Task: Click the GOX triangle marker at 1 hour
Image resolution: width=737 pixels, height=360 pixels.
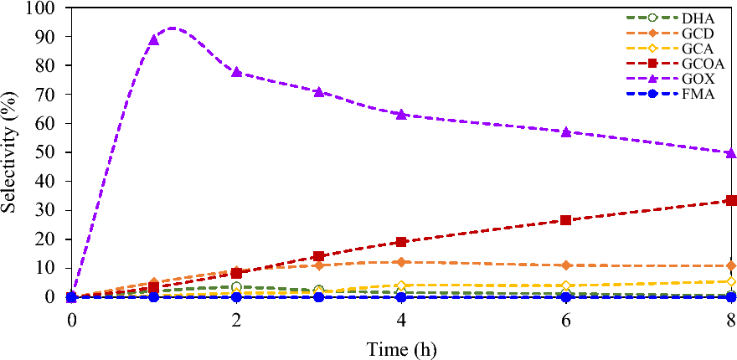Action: (x=154, y=39)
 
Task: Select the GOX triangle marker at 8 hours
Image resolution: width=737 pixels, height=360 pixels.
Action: (x=731, y=152)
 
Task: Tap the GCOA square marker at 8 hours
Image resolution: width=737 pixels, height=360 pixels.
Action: (x=731, y=200)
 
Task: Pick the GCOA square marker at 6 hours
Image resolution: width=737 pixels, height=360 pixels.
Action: (x=566, y=220)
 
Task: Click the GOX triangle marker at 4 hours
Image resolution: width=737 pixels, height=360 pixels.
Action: (x=401, y=114)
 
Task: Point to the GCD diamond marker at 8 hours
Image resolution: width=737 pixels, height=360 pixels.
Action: (x=731, y=265)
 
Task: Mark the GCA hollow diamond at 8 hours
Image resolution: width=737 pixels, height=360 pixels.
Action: (x=731, y=281)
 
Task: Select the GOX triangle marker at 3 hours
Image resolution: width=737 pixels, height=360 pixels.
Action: (x=319, y=91)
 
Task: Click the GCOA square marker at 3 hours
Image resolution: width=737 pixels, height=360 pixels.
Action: (x=319, y=256)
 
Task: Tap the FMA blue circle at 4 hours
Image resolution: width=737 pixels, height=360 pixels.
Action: (x=401, y=297)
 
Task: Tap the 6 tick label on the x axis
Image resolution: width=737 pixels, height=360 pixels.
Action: (x=566, y=320)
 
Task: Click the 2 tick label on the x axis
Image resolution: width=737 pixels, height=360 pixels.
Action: (x=236, y=320)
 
